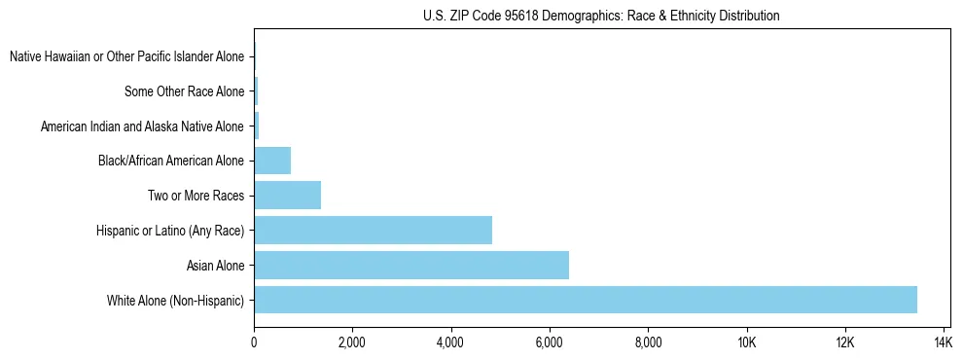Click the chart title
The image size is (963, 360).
(601, 16)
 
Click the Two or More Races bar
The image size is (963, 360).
(287, 195)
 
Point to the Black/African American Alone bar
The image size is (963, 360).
(272, 160)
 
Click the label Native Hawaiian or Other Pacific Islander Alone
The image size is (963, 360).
(126, 56)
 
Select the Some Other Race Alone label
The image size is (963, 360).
(185, 91)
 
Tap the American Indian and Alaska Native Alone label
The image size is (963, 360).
(142, 126)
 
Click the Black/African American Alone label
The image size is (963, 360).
(171, 161)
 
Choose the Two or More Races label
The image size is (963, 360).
(196, 196)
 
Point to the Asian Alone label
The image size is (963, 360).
(215, 265)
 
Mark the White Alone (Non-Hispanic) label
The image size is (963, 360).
(176, 300)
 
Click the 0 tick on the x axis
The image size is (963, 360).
(254, 342)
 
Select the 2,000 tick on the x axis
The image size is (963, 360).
(352, 342)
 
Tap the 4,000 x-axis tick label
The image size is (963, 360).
(450, 342)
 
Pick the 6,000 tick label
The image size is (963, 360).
(550, 342)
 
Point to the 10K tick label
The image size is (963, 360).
(746, 342)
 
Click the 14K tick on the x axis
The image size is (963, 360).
(943, 342)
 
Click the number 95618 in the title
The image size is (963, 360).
(513, 16)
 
